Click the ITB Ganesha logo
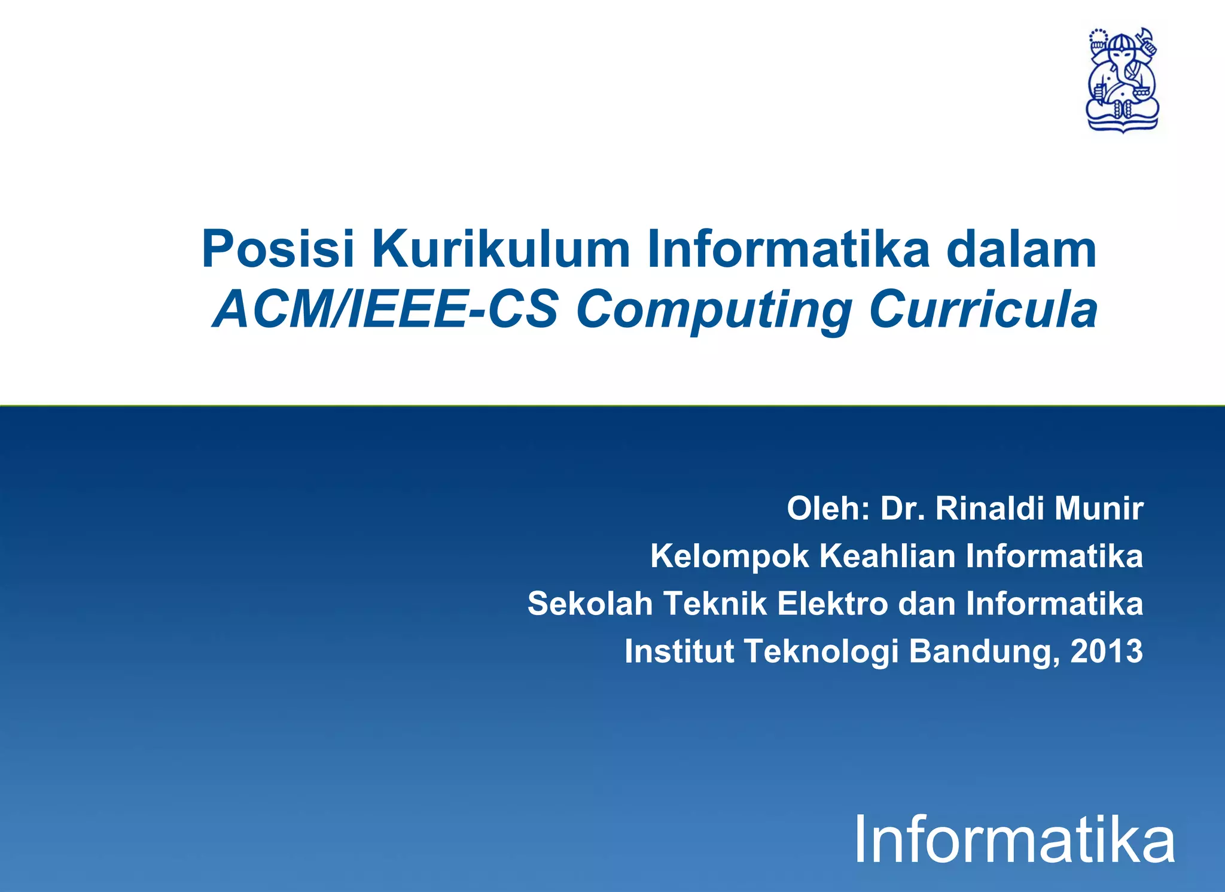coord(1122,80)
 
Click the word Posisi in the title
coord(278,249)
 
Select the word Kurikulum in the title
coord(501,249)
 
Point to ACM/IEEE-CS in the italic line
coord(386,310)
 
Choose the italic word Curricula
coord(983,310)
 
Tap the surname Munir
coord(1099,509)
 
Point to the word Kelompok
coord(729,556)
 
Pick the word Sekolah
coord(590,604)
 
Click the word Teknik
coord(715,604)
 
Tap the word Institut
coord(679,651)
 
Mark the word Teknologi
coord(822,651)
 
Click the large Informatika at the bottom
coord(1014,841)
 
